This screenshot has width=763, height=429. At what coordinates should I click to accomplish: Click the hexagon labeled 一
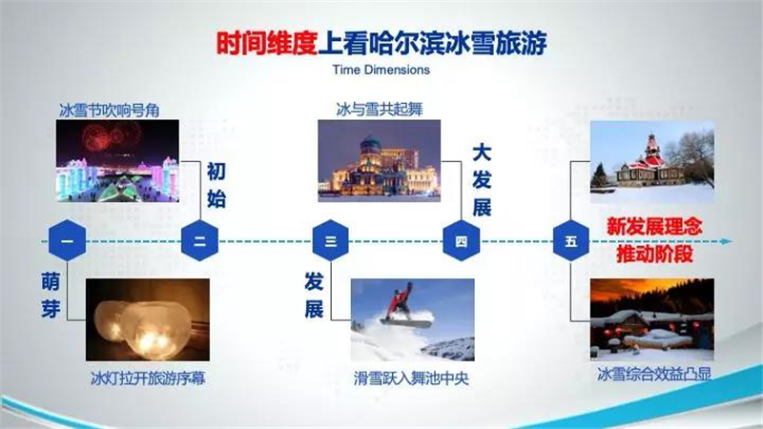coord(67,240)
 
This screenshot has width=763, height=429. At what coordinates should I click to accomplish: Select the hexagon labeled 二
coord(199,240)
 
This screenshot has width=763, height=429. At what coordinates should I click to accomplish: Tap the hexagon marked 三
coord(330,240)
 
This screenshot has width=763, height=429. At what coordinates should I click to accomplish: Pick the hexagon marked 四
coord(462,240)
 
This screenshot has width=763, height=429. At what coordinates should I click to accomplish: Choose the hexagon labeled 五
coord(571,240)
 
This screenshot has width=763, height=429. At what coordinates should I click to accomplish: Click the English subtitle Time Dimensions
coord(381,70)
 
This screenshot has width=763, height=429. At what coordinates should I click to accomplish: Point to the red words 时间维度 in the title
coord(267,43)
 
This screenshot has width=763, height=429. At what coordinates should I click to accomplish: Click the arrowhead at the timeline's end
coord(727,241)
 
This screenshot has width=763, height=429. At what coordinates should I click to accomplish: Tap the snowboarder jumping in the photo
coord(404,305)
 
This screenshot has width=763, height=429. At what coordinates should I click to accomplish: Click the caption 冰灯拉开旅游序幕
coord(148,378)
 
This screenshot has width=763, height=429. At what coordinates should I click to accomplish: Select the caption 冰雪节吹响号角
coord(109,111)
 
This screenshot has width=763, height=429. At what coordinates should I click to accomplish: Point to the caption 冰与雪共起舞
coord(380,110)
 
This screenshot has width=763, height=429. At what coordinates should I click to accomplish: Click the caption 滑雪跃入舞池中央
coord(411,378)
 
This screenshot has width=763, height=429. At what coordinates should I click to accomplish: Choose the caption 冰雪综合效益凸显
coord(654,374)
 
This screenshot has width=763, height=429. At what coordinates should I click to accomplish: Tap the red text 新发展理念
coord(654,226)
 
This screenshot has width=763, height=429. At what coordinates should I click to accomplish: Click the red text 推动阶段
coord(654,254)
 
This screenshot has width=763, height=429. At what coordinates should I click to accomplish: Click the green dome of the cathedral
coord(370,145)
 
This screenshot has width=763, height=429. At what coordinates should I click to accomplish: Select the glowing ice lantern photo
coord(148,319)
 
